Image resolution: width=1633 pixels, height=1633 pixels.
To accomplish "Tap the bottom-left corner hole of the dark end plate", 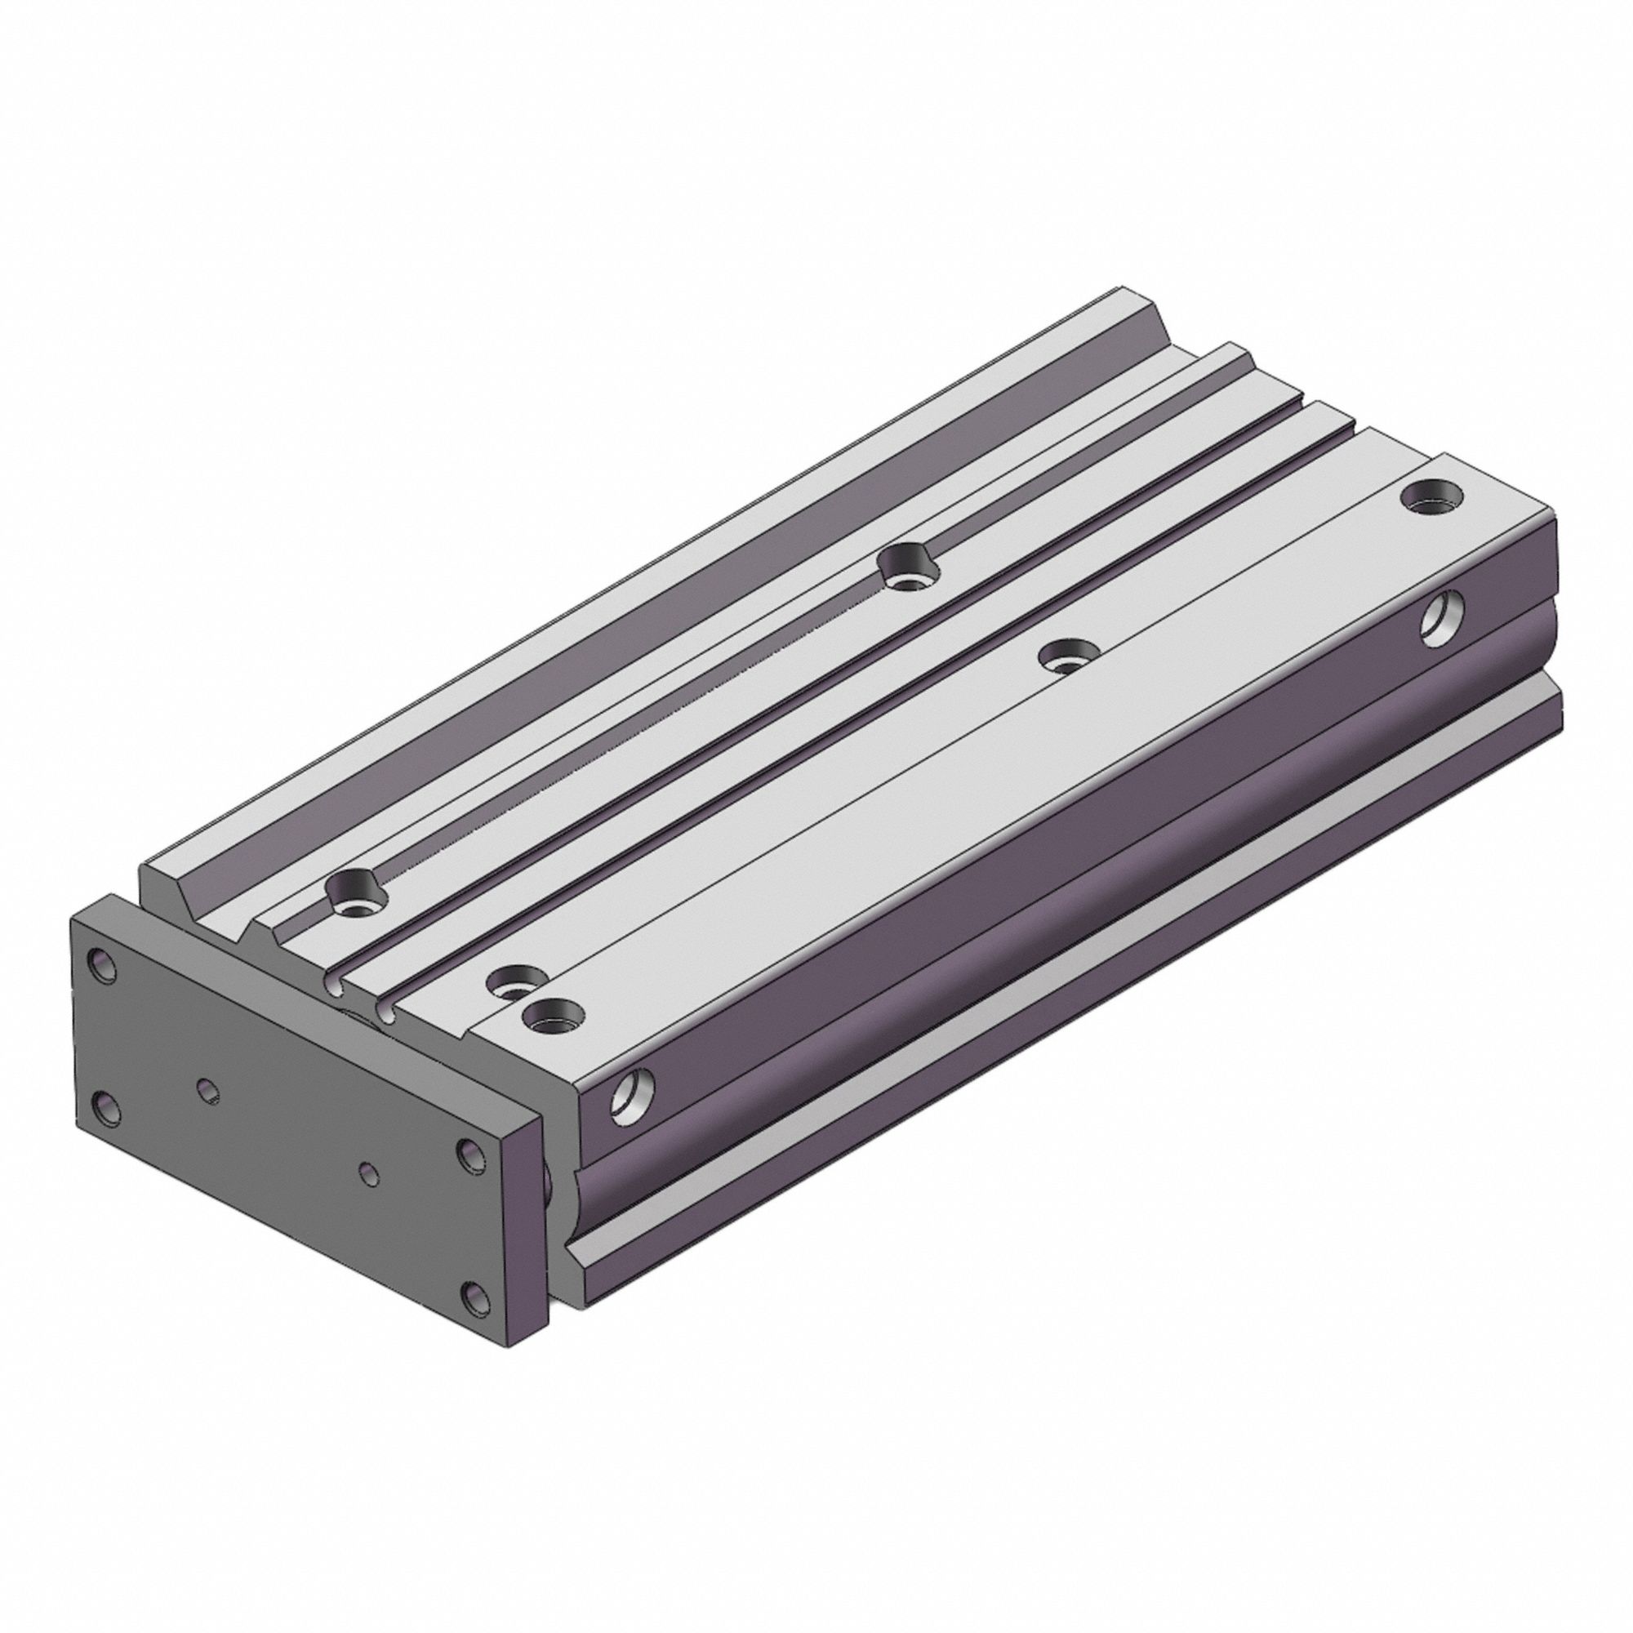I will pos(105,1108).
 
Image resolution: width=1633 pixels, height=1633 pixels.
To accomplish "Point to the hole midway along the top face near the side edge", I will pos(1066,655).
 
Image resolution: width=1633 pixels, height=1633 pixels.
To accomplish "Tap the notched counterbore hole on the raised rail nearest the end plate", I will pos(355,891).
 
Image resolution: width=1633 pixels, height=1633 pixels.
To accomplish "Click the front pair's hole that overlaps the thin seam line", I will pos(514,982).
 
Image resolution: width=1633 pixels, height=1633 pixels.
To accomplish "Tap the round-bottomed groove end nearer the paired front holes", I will pos(389,1013).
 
